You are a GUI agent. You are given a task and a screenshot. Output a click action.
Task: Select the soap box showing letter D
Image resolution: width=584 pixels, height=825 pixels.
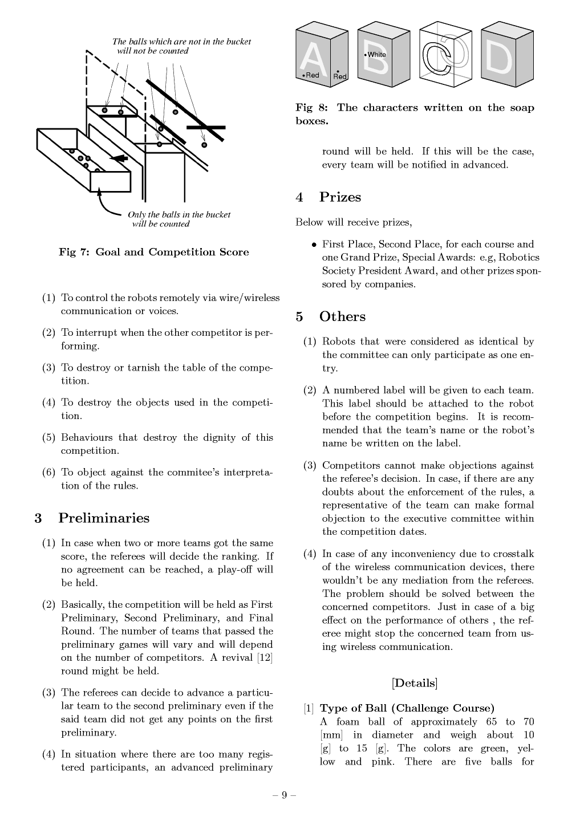506,52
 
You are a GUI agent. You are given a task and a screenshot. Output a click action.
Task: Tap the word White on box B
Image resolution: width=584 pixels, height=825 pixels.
377,55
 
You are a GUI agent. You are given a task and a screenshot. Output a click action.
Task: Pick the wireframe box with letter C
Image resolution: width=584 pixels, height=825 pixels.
445,53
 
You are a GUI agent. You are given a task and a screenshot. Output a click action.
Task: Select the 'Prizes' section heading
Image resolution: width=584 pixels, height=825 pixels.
340,197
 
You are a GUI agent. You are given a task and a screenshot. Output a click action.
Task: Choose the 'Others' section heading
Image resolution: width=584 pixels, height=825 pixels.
342,317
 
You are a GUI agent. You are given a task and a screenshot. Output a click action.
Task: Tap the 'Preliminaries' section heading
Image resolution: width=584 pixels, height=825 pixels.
104,518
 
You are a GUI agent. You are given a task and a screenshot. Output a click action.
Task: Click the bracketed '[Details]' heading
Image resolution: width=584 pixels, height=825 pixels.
415,682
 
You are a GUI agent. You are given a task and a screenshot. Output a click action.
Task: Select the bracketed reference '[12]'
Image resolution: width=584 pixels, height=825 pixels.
265,658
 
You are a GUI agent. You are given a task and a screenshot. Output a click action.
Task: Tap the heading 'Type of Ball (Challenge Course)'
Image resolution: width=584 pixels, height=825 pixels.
407,708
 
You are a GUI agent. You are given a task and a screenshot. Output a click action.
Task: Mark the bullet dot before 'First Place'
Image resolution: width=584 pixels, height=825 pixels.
314,245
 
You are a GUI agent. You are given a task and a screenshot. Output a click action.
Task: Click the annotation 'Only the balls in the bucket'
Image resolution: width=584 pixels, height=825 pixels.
179,214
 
